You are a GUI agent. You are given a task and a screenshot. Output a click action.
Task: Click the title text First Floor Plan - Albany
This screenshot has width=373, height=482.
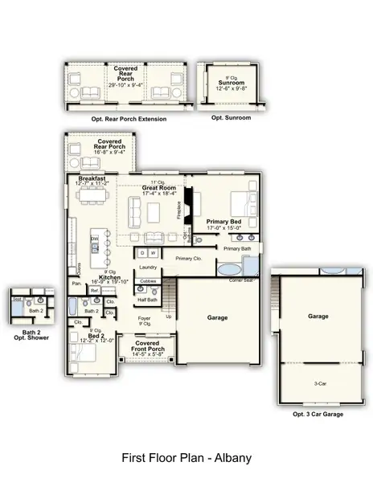[x=186, y=458]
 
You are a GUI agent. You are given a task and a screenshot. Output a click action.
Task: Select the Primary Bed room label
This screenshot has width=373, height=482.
[x=223, y=221]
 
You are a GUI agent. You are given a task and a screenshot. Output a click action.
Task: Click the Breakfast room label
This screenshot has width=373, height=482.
[x=92, y=178]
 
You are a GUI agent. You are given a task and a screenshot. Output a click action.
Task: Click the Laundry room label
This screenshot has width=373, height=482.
[x=148, y=268]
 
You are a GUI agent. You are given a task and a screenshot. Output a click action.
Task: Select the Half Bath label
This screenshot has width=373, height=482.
[x=147, y=300]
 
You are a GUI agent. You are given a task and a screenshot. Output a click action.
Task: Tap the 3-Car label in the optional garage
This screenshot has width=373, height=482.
[x=318, y=383]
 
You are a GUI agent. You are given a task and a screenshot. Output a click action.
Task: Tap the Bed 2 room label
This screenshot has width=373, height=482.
[x=95, y=338]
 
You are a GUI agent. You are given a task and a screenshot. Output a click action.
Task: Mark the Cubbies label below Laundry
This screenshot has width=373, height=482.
[x=147, y=281]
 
